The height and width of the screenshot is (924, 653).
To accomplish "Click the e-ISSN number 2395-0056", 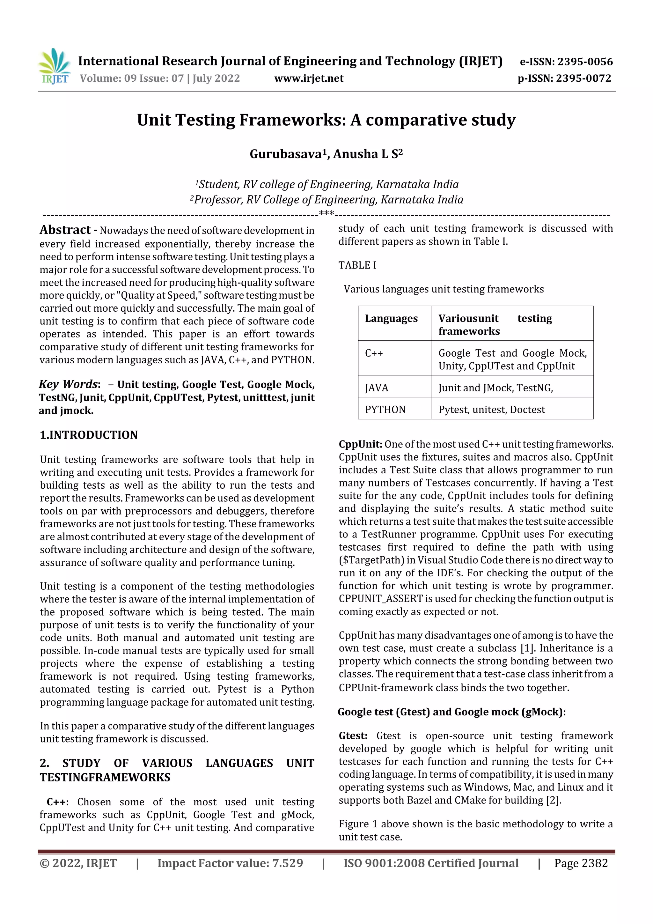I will tap(584, 62).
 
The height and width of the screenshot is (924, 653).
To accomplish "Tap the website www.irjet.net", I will tap(309, 78).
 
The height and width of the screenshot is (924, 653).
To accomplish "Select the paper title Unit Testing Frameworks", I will tap(326, 120).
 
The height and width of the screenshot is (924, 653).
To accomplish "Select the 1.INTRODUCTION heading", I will tap(89, 435).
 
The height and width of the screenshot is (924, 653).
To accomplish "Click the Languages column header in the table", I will tap(391, 318).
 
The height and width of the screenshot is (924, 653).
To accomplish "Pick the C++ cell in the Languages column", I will tap(374, 353).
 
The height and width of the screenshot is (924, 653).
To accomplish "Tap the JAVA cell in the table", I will tap(377, 388).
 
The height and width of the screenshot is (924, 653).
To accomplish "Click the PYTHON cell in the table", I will tap(385, 410).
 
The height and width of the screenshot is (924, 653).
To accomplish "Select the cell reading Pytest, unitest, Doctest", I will tap(491, 410).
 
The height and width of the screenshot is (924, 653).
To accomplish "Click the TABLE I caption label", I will tap(357, 265).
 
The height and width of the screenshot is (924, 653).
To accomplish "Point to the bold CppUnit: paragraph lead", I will tap(360, 444).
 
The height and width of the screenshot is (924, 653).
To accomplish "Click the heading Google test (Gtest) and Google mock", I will tap(451, 712).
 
